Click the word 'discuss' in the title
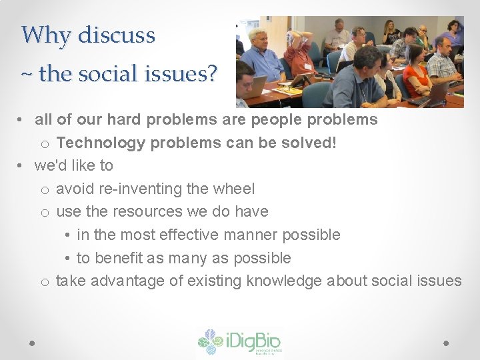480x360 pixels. [116, 35]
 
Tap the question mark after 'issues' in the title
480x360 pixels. [211, 74]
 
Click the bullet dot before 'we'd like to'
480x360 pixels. [22, 165]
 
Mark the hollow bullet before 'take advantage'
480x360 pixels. [44, 282]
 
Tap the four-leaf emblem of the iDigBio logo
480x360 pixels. [210, 342]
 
